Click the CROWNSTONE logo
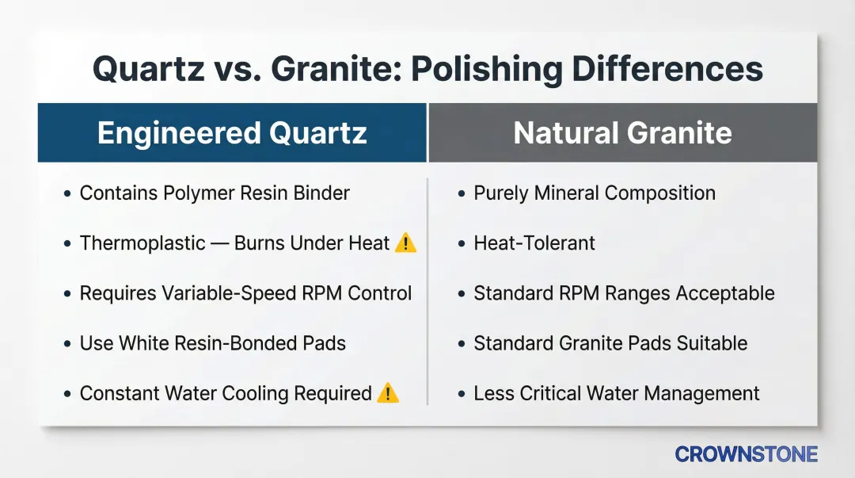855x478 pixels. [746, 454]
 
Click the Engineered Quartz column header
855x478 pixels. [232, 132]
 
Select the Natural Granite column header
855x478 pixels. [622, 132]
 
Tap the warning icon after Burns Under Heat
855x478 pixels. [405, 243]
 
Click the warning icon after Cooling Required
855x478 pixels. [388, 392]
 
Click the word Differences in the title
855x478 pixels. [667, 70]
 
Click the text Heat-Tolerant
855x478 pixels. [534, 243]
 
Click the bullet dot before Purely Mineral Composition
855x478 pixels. [462, 193]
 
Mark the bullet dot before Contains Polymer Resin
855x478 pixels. [67, 193]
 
